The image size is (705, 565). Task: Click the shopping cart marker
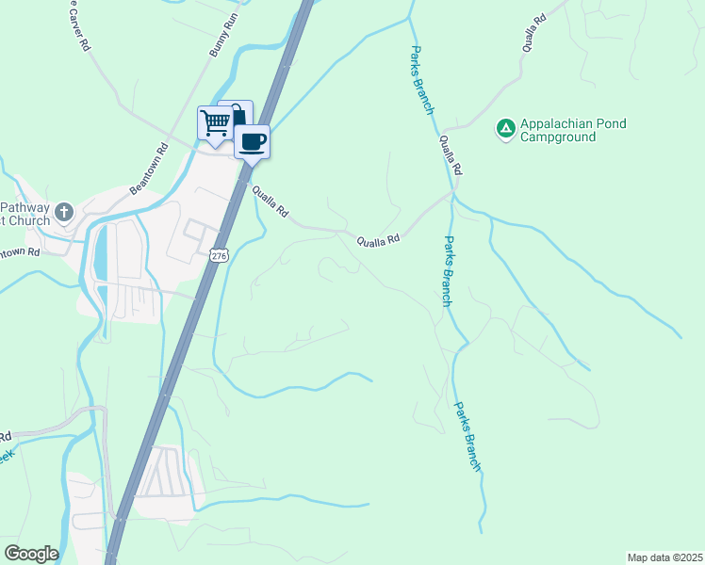click(215, 122)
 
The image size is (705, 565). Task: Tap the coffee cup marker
click(252, 141)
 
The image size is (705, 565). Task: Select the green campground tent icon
click(505, 128)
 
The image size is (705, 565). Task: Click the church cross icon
click(64, 211)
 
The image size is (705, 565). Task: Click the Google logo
click(31, 554)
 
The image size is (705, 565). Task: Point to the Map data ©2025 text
click(664, 557)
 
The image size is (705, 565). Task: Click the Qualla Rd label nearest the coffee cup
click(270, 201)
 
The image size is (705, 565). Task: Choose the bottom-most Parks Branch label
click(467, 437)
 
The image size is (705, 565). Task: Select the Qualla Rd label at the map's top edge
click(534, 32)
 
